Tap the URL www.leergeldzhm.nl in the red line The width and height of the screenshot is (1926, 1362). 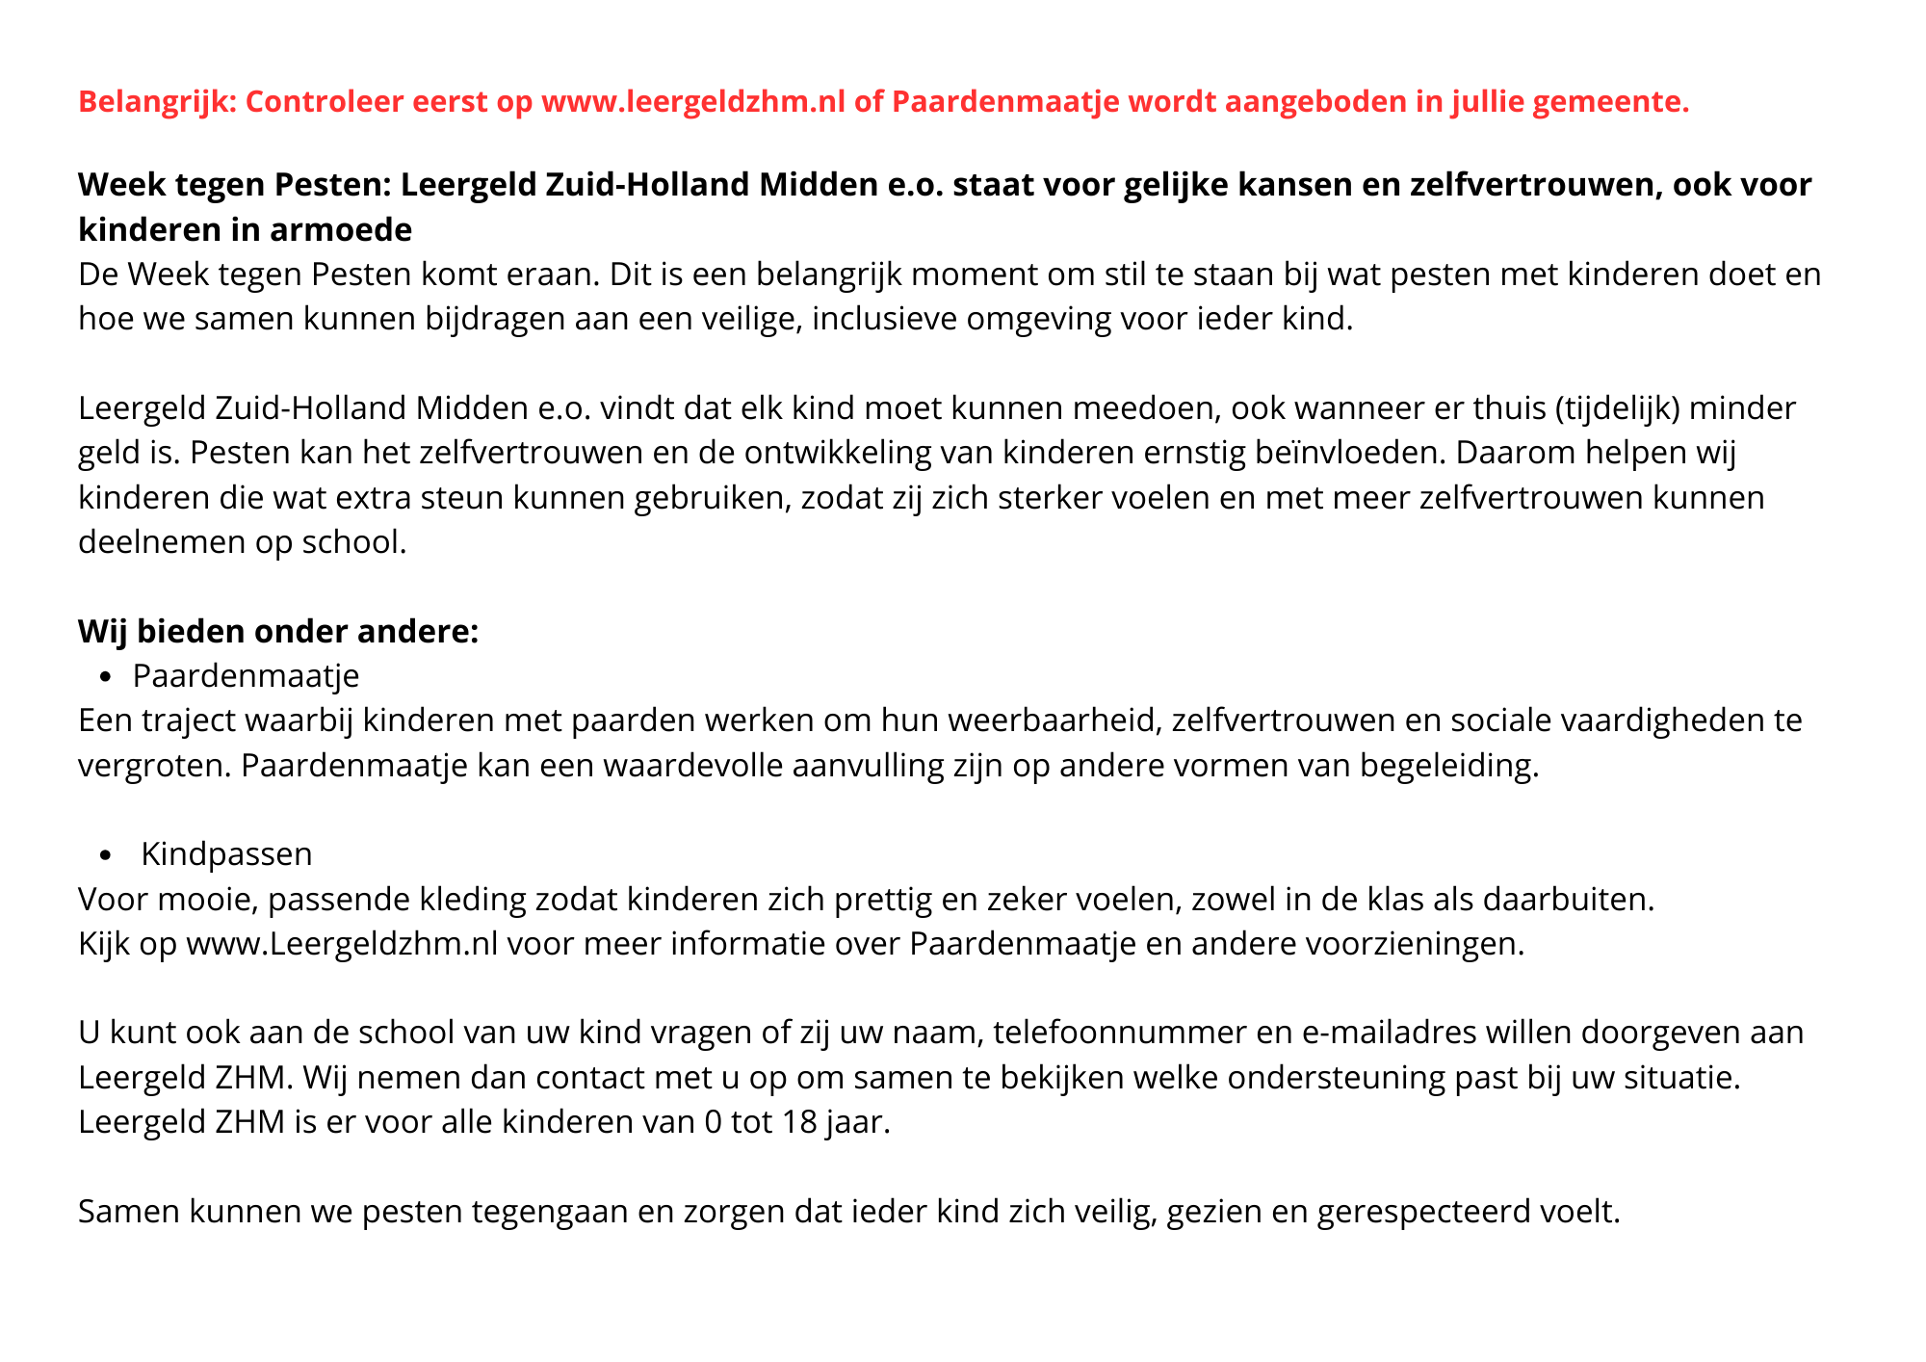(x=693, y=101)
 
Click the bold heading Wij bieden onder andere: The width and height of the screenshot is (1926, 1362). (x=278, y=632)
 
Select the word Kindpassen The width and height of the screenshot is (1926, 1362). (x=226, y=854)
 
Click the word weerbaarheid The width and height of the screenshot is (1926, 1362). (x=1039, y=720)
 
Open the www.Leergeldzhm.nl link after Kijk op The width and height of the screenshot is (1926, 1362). (x=342, y=944)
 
